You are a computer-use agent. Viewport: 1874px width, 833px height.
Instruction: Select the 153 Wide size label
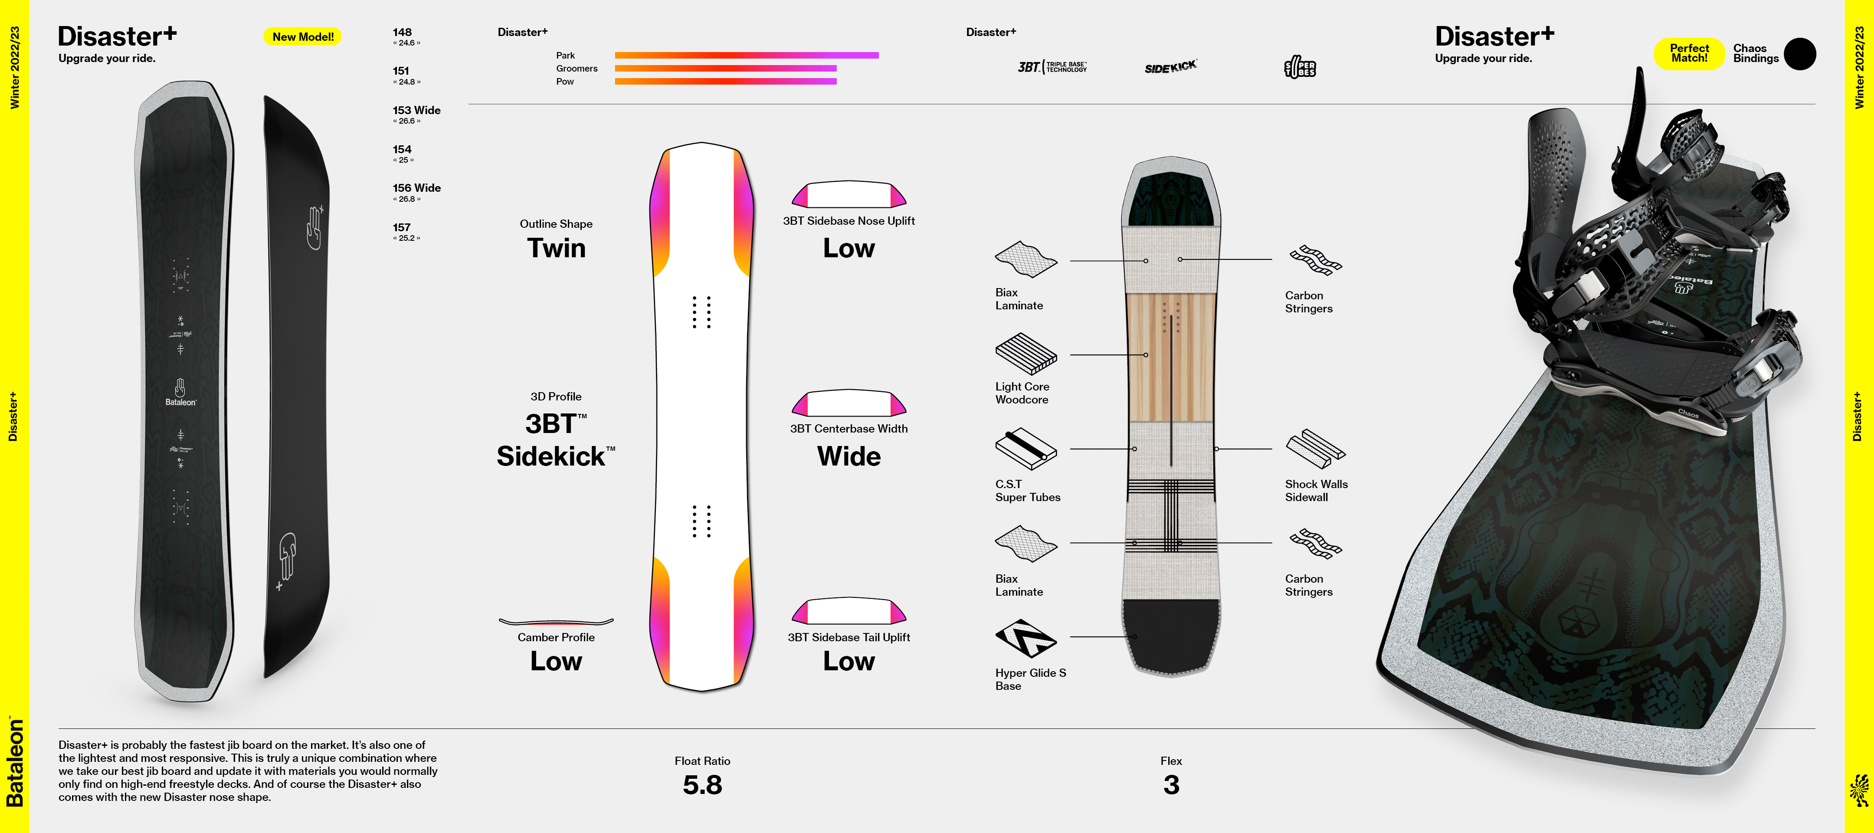click(416, 111)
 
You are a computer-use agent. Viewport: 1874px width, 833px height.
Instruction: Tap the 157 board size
click(402, 228)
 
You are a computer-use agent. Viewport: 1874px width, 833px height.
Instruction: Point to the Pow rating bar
click(725, 82)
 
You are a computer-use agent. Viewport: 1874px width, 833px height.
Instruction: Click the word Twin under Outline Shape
click(556, 248)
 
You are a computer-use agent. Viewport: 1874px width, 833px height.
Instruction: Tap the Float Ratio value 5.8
click(702, 784)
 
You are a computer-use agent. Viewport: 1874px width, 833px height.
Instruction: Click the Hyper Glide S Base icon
click(1025, 637)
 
